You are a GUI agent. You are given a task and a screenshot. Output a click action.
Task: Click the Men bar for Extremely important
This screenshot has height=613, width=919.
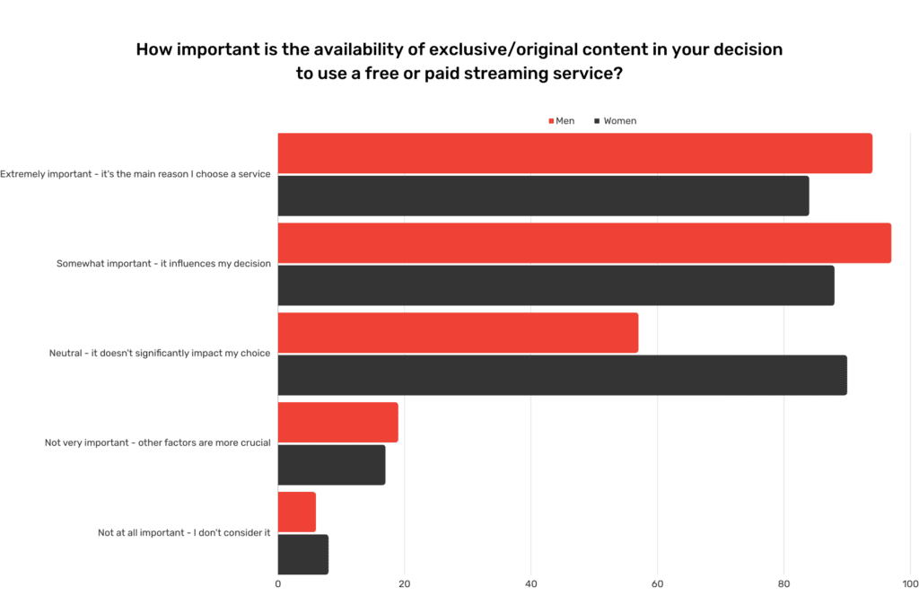point(574,153)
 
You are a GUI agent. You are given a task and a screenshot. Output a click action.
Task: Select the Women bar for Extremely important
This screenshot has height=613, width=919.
point(543,196)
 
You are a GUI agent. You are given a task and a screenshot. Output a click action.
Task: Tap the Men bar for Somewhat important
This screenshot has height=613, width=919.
point(584,243)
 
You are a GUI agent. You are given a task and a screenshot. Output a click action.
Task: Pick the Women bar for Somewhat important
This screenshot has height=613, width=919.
point(556,285)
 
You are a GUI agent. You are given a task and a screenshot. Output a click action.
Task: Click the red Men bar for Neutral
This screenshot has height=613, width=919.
point(458,333)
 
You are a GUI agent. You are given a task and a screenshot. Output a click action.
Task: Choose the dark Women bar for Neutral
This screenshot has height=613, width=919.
point(562,375)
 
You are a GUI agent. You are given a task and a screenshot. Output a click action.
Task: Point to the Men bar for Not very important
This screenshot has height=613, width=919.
point(337,423)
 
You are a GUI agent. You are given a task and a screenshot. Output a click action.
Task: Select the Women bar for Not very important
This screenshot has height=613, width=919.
point(331,465)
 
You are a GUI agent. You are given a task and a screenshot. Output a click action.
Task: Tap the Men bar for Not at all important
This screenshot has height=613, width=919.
point(296,512)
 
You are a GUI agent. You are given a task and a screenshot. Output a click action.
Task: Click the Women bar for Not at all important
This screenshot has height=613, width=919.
point(302,555)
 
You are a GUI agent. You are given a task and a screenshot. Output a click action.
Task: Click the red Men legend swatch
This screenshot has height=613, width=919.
point(551,121)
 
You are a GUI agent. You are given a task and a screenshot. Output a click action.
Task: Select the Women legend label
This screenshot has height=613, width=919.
point(620,121)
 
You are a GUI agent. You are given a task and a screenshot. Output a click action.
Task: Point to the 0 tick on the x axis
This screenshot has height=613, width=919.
point(278,584)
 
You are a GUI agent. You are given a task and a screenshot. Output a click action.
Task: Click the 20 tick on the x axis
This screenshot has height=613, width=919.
point(405,584)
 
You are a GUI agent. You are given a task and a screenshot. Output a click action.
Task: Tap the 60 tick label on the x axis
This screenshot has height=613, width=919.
point(657,584)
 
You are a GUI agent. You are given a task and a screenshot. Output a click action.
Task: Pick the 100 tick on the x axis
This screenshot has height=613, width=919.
point(910,584)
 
